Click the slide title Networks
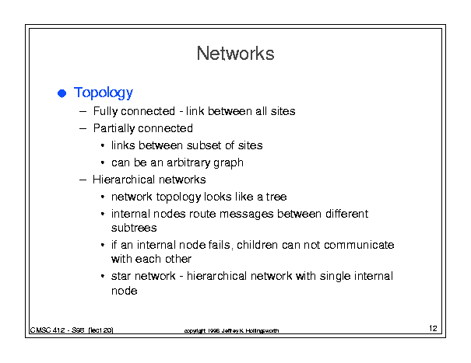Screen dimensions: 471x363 (235, 54)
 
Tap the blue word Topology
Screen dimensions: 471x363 (104, 92)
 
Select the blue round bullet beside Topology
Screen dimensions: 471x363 (62, 93)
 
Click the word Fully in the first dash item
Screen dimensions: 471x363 (104, 112)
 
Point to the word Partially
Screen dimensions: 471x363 (114, 129)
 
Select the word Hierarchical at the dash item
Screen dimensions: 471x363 (124, 180)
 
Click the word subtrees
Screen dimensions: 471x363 (134, 228)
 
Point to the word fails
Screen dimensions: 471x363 (219, 245)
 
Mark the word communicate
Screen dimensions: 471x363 (359, 245)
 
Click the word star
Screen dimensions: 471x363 (121, 276)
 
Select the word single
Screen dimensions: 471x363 (335, 276)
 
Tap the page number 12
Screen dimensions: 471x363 (433, 328)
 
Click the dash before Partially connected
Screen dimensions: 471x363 (83, 128)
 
